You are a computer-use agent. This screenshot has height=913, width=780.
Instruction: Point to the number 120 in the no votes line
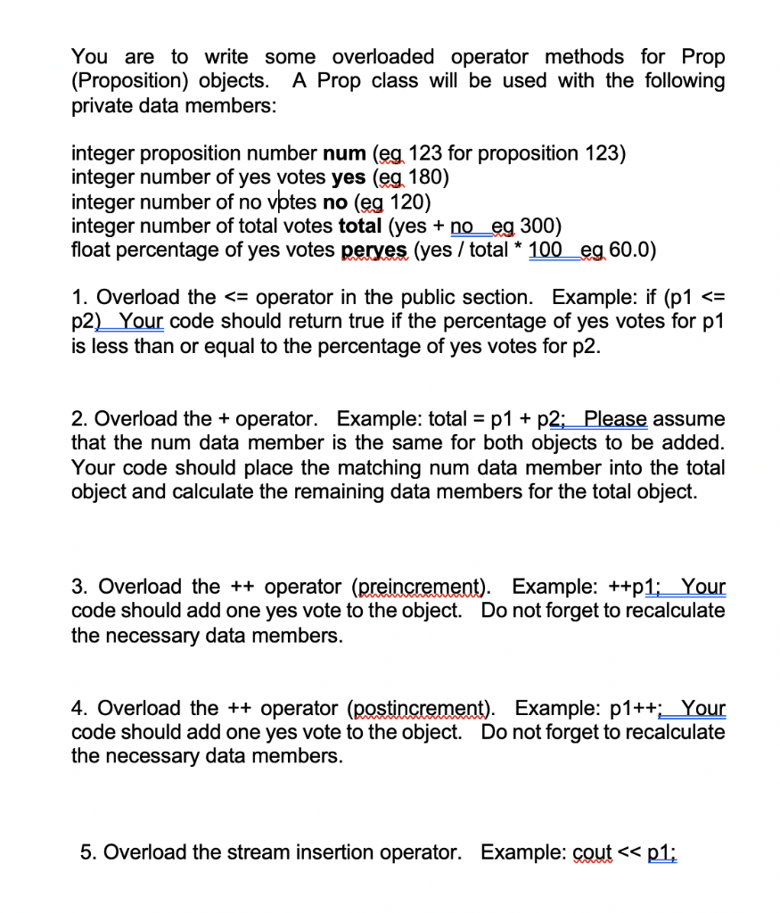pyautogui.click(x=412, y=202)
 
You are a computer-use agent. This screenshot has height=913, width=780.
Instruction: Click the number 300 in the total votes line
pyautogui.click(x=543, y=226)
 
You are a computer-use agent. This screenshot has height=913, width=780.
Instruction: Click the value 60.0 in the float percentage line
pyautogui.click(x=632, y=250)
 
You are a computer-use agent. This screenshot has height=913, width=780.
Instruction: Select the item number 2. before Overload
pyautogui.click(x=79, y=419)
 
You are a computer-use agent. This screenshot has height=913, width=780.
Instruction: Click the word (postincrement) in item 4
pyautogui.click(x=423, y=709)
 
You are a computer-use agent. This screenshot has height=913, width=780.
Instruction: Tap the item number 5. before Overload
pyautogui.click(x=87, y=852)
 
